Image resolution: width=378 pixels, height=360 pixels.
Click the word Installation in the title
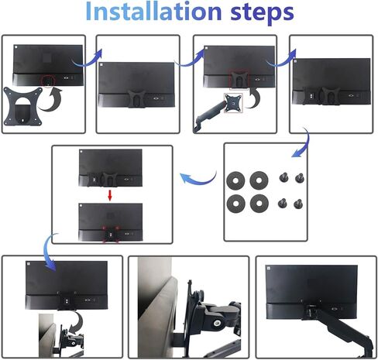pyautogui.click(x=153, y=11)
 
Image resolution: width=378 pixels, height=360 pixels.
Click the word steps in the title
pyautogui.click(x=262, y=13)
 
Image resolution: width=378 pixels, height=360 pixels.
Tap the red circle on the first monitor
pyautogui.click(x=48, y=81)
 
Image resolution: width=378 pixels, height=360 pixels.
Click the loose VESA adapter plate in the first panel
pyautogui.click(x=22, y=106)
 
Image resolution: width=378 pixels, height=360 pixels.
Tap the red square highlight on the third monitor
pyautogui.click(x=239, y=79)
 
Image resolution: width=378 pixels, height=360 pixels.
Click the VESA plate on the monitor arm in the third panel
pyautogui.click(x=233, y=103)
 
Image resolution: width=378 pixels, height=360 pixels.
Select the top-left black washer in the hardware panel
pyautogui.click(x=235, y=180)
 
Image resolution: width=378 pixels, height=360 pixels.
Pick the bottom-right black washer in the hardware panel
pyautogui.click(x=259, y=204)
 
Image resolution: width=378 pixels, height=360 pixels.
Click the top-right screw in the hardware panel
pyautogui.click(x=300, y=178)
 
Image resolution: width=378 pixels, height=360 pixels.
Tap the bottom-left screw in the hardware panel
pyautogui.click(x=283, y=203)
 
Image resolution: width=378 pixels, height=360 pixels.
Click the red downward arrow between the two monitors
pyautogui.click(x=110, y=196)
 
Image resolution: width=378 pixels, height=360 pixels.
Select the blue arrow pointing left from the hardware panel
pyautogui.click(x=198, y=179)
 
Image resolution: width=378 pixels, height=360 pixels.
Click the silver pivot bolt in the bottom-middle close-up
pyautogui.click(x=217, y=322)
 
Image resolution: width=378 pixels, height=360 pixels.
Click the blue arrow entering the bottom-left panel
pyautogui.click(x=47, y=254)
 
